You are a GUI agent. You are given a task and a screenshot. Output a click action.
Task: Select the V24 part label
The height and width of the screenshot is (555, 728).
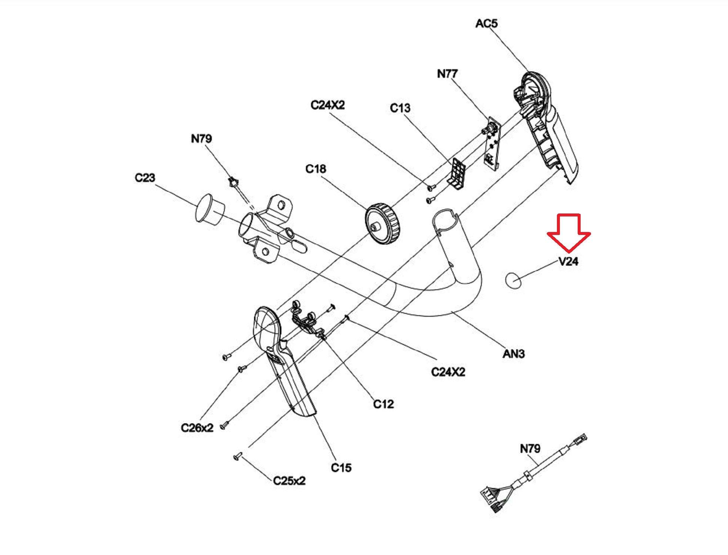(568, 262)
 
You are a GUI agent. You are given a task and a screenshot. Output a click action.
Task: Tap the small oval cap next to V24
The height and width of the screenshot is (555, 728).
(513, 280)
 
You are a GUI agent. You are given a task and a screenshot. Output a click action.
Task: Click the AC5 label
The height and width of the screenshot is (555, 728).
(486, 23)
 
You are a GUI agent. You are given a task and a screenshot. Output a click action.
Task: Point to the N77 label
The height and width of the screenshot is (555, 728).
(447, 74)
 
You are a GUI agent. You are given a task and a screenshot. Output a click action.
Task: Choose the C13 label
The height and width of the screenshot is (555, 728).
(400, 108)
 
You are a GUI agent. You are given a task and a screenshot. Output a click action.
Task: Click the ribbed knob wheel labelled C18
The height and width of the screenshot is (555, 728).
(383, 223)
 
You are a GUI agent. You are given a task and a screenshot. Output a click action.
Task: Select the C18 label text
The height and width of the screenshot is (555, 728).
(315, 169)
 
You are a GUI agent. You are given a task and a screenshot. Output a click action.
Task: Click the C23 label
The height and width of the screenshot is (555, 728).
(145, 178)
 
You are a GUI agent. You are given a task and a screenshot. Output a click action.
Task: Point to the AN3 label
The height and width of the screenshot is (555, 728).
(514, 354)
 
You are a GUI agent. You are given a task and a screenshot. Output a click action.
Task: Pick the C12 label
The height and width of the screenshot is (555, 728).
(383, 404)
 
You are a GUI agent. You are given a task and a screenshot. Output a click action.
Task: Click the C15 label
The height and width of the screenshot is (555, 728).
(341, 468)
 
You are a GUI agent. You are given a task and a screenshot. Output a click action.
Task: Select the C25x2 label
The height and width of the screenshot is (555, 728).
(289, 481)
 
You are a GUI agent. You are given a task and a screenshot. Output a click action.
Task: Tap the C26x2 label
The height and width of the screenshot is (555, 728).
(197, 428)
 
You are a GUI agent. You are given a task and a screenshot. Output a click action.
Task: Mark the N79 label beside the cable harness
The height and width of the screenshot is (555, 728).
(530, 449)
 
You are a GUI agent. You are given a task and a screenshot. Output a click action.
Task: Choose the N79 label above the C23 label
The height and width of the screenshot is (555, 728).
(201, 139)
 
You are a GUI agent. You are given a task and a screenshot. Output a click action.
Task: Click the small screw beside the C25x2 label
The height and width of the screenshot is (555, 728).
(238, 457)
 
